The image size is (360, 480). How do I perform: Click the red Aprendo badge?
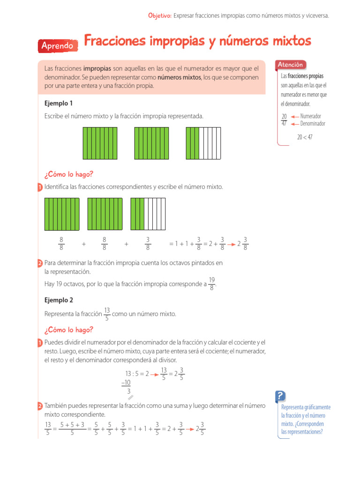pyautogui.click(x=57, y=46)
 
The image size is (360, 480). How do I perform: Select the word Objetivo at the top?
pyautogui.click(x=159, y=16)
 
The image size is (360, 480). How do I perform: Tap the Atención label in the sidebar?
pyautogui.click(x=291, y=65)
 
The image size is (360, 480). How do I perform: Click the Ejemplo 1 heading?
pyautogui.click(x=59, y=103)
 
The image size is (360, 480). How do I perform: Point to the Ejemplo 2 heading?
pyautogui.click(x=59, y=300)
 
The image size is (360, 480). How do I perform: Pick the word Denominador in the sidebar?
pyautogui.click(x=313, y=124)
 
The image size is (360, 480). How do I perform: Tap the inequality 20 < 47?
pyautogui.click(x=305, y=137)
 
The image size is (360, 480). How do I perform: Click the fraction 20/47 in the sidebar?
pyautogui.click(x=284, y=120)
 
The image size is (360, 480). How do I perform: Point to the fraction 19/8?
pyautogui.click(x=212, y=284)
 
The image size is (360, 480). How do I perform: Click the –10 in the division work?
pyautogui.click(x=126, y=382)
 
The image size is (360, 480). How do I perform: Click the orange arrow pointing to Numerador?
pyautogui.click(x=294, y=116)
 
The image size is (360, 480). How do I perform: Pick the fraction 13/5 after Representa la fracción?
pyautogui.click(x=107, y=314)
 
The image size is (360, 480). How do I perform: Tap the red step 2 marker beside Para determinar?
pyautogui.click(x=40, y=263)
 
